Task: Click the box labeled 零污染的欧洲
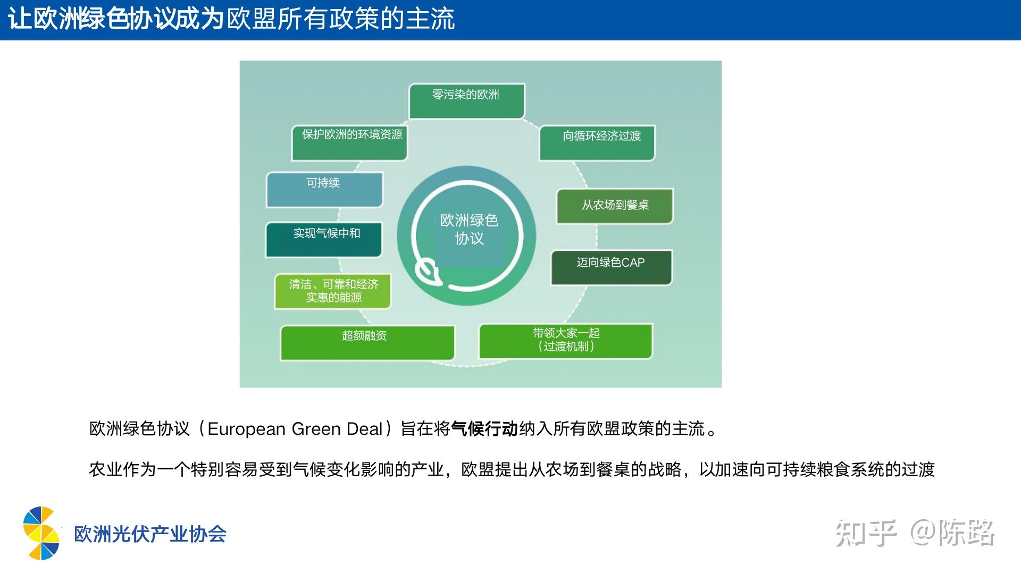(x=466, y=101)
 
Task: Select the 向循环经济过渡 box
(x=597, y=142)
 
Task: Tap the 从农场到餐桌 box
(x=615, y=206)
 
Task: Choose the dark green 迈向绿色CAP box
(x=612, y=267)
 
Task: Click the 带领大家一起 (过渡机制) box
(x=566, y=341)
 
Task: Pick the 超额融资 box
(x=367, y=343)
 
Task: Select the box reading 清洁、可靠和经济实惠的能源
(x=333, y=291)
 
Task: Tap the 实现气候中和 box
(x=324, y=240)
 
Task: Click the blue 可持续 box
(x=324, y=190)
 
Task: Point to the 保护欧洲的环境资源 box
(x=349, y=142)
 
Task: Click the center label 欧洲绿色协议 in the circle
(x=469, y=229)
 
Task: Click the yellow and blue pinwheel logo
(x=41, y=533)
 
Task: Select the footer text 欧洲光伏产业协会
(x=150, y=534)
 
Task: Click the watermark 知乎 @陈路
(x=915, y=533)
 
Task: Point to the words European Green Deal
(x=295, y=429)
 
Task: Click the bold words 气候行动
(x=484, y=428)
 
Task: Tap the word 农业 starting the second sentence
(x=106, y=469)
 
